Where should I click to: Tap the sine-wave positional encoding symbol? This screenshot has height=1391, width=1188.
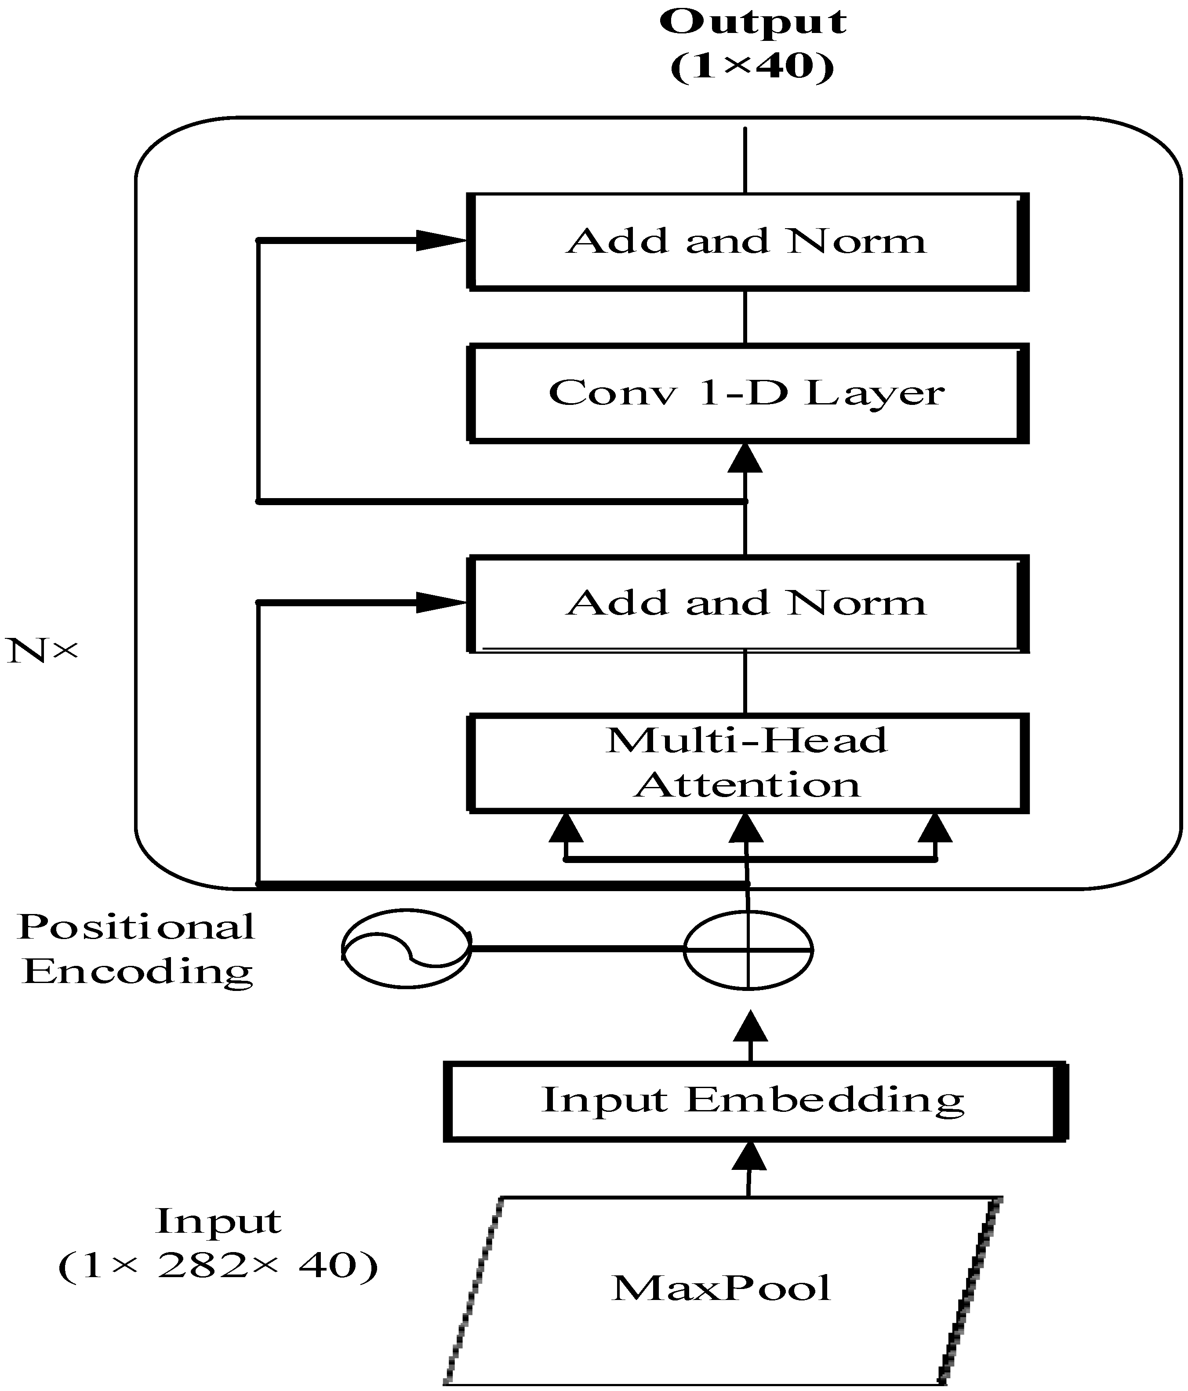tap(406, 949)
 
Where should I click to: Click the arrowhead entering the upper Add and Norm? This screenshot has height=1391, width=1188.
tap(440, 240)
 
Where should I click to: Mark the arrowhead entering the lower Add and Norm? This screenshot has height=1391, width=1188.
tap(440, 602)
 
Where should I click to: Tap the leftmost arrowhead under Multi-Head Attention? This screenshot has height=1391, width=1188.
tap(566, 830)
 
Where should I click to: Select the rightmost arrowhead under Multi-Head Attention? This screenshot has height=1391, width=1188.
tap(935, 830)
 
